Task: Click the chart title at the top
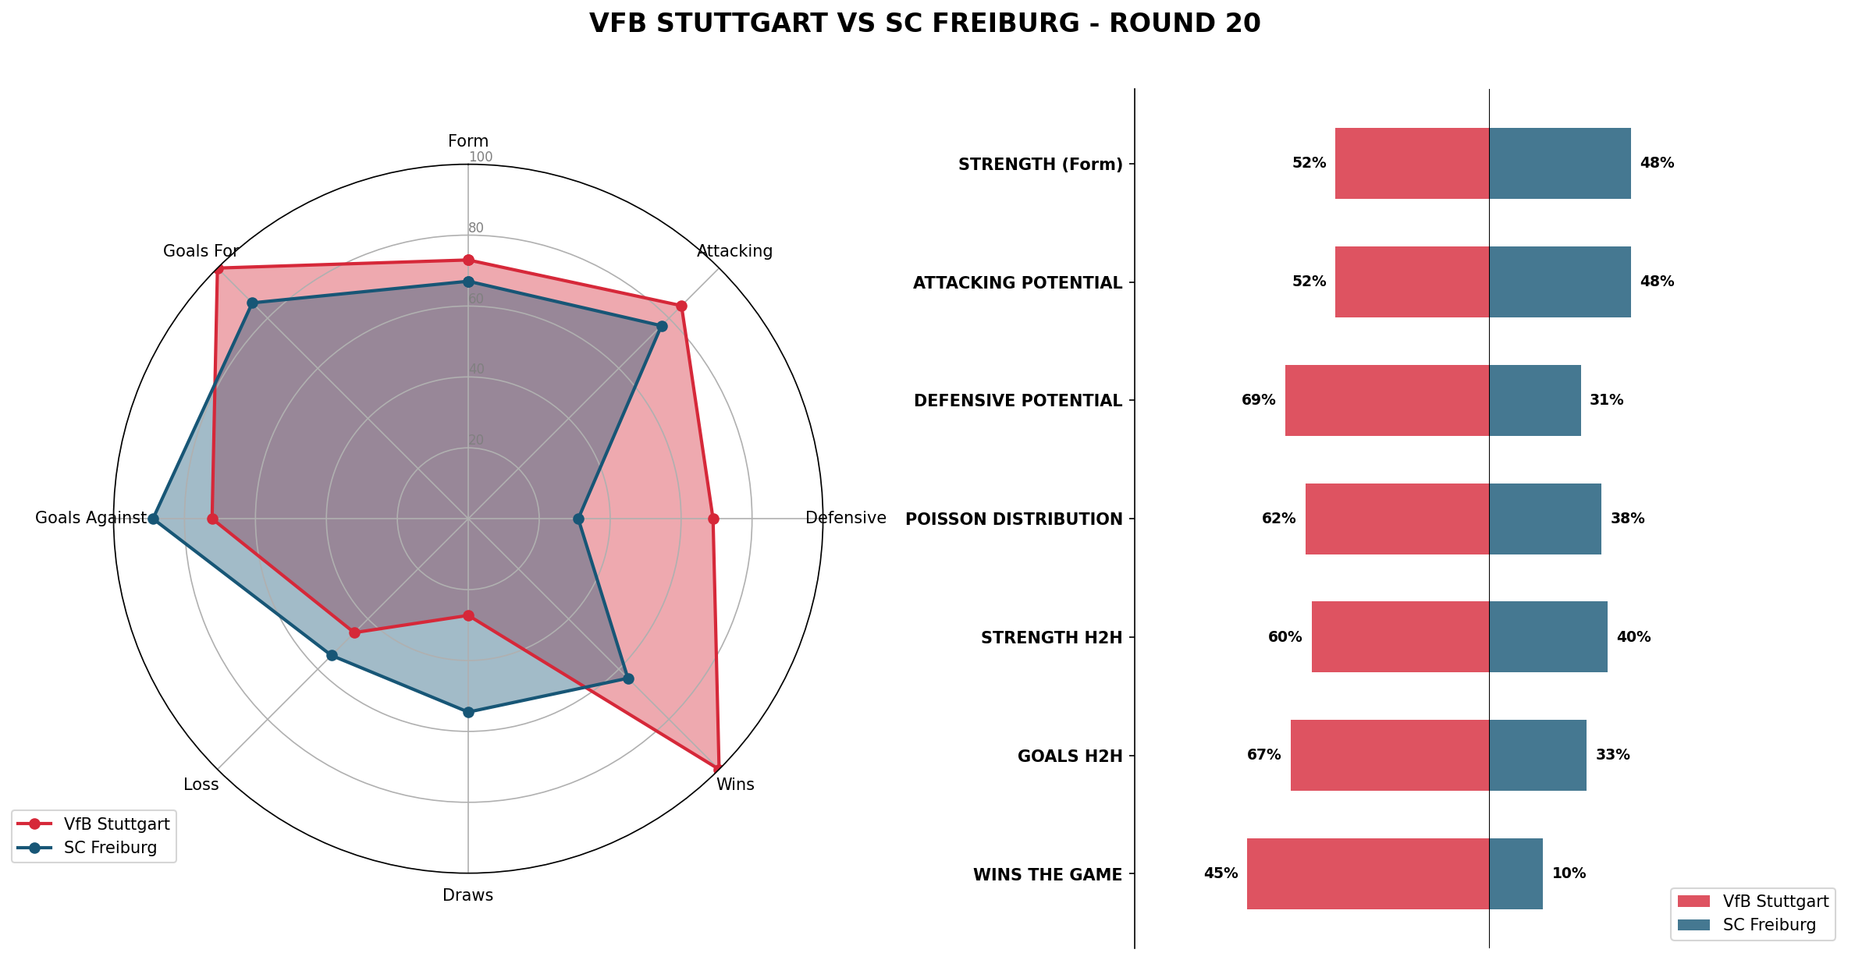tap(925, 23)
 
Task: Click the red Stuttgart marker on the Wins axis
tap(717, 767)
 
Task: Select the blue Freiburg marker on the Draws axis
tap(468, 712)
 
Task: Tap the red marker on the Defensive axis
tap(713, 519)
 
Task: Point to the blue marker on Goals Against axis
tap(154, 519)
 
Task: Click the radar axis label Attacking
tap(734, 251)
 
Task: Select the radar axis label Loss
tap(201, 785)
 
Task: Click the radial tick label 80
tap(476, 228)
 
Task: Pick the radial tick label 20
tap(476, 440)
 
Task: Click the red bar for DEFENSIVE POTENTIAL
tap(1387, 400)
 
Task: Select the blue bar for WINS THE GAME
tap(1516, 873)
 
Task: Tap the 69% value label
tap(1258, 400)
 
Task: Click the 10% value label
tap(1569, 873)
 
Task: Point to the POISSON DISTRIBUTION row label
tap(1014, 519)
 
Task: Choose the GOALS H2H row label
tap(1070, 756)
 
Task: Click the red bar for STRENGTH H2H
tap(1400, 637)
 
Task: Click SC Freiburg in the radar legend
tap(110, 848)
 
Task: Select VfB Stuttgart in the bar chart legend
tap(1775, 902)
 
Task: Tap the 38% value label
tap(1627, 519)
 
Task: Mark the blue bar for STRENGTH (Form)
tap(1559, 163)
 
